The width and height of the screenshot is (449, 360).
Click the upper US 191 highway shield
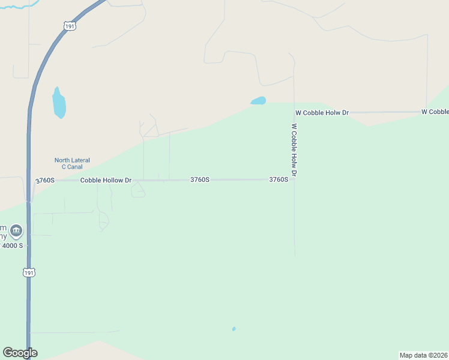(70, 27)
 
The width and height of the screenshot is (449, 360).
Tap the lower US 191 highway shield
(29, 272)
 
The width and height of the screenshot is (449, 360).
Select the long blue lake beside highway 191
(58, 103)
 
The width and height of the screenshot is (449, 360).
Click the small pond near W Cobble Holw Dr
(258, 101)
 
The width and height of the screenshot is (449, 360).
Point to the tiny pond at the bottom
(234, 329)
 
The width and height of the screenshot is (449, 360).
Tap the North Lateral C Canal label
(72, 163)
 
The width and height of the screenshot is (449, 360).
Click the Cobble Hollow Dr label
(106, 180)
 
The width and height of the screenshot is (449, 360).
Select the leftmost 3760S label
(45, 180)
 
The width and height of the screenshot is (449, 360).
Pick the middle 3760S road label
(200, 179)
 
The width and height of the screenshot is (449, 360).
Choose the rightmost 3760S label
(279, 179)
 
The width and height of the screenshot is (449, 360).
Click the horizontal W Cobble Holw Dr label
(322, 113)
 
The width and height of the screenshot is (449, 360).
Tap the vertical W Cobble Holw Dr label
(294, 150)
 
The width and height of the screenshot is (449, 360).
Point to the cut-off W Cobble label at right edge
(435, 112)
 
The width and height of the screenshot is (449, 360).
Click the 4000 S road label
(12, 245)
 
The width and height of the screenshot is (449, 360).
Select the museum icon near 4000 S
(16, 230)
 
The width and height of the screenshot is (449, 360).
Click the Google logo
(20, 353)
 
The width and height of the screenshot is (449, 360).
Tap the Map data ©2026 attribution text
(424, 355)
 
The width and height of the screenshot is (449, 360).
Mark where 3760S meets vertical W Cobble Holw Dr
(294, 179)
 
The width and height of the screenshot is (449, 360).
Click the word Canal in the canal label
(75, 167)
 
